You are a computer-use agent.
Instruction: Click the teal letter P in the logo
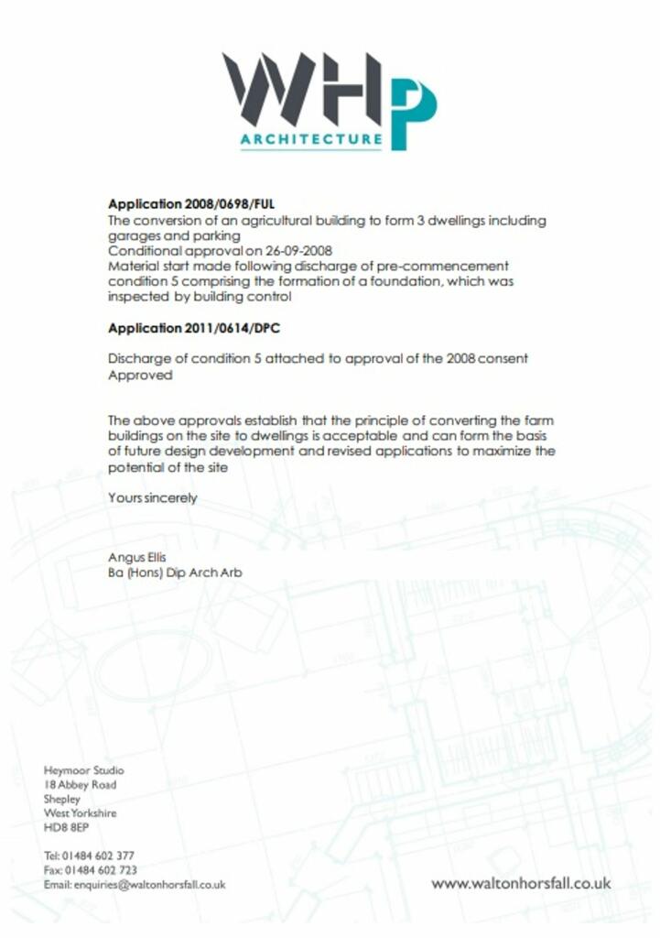pos(413,112)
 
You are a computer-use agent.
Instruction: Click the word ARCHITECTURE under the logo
pos(311,140)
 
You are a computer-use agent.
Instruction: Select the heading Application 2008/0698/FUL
pos(190,204)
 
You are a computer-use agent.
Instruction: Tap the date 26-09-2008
pos(299,251)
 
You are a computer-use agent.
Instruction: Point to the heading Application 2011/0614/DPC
pos(193,328)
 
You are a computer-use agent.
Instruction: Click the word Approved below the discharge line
pos(139,375)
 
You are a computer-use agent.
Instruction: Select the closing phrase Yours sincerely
pos(152,498)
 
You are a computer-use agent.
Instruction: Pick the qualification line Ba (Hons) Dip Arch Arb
pos(175,573)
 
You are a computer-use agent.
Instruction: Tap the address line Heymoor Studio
pos(83,770)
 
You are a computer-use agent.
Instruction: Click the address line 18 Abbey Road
pos(80,785)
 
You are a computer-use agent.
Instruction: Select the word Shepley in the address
pos(62,799)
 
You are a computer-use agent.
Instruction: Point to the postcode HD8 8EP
pos(66,827)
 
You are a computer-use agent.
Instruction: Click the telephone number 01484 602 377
pos(99,856)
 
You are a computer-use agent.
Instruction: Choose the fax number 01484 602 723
pos(101,870)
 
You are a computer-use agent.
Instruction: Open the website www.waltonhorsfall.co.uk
pos(520,884)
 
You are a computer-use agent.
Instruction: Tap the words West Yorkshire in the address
pos(80,813)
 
